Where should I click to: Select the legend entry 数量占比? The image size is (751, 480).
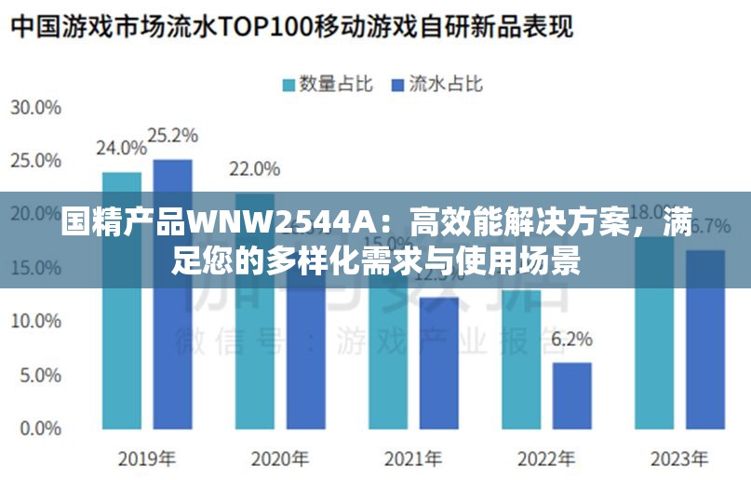click(x=327, y=84)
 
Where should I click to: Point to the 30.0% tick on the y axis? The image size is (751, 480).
click(x=35, y=108)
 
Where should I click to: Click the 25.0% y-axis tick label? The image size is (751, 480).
click(x=35, y=161)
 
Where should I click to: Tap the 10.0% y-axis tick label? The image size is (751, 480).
click(x=35, y=322)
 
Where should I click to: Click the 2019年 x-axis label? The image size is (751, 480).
click(x=147, y=459)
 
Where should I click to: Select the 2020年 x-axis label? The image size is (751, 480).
click(x=280, y=459)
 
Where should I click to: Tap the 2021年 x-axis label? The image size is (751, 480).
click(x=413, y=459)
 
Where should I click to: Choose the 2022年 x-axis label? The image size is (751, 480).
click(x=546, y=459)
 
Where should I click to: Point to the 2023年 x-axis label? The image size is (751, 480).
click(x=679, y=459)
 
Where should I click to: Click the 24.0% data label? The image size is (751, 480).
click(x=121, y=147)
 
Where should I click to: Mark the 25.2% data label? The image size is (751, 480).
click(x=173, y=135)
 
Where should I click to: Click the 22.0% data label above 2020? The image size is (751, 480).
click(x=254, y=168)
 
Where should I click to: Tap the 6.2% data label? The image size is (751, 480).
click(x=571, y=340)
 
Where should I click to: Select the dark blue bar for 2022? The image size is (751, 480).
click(x=571, y=395)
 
